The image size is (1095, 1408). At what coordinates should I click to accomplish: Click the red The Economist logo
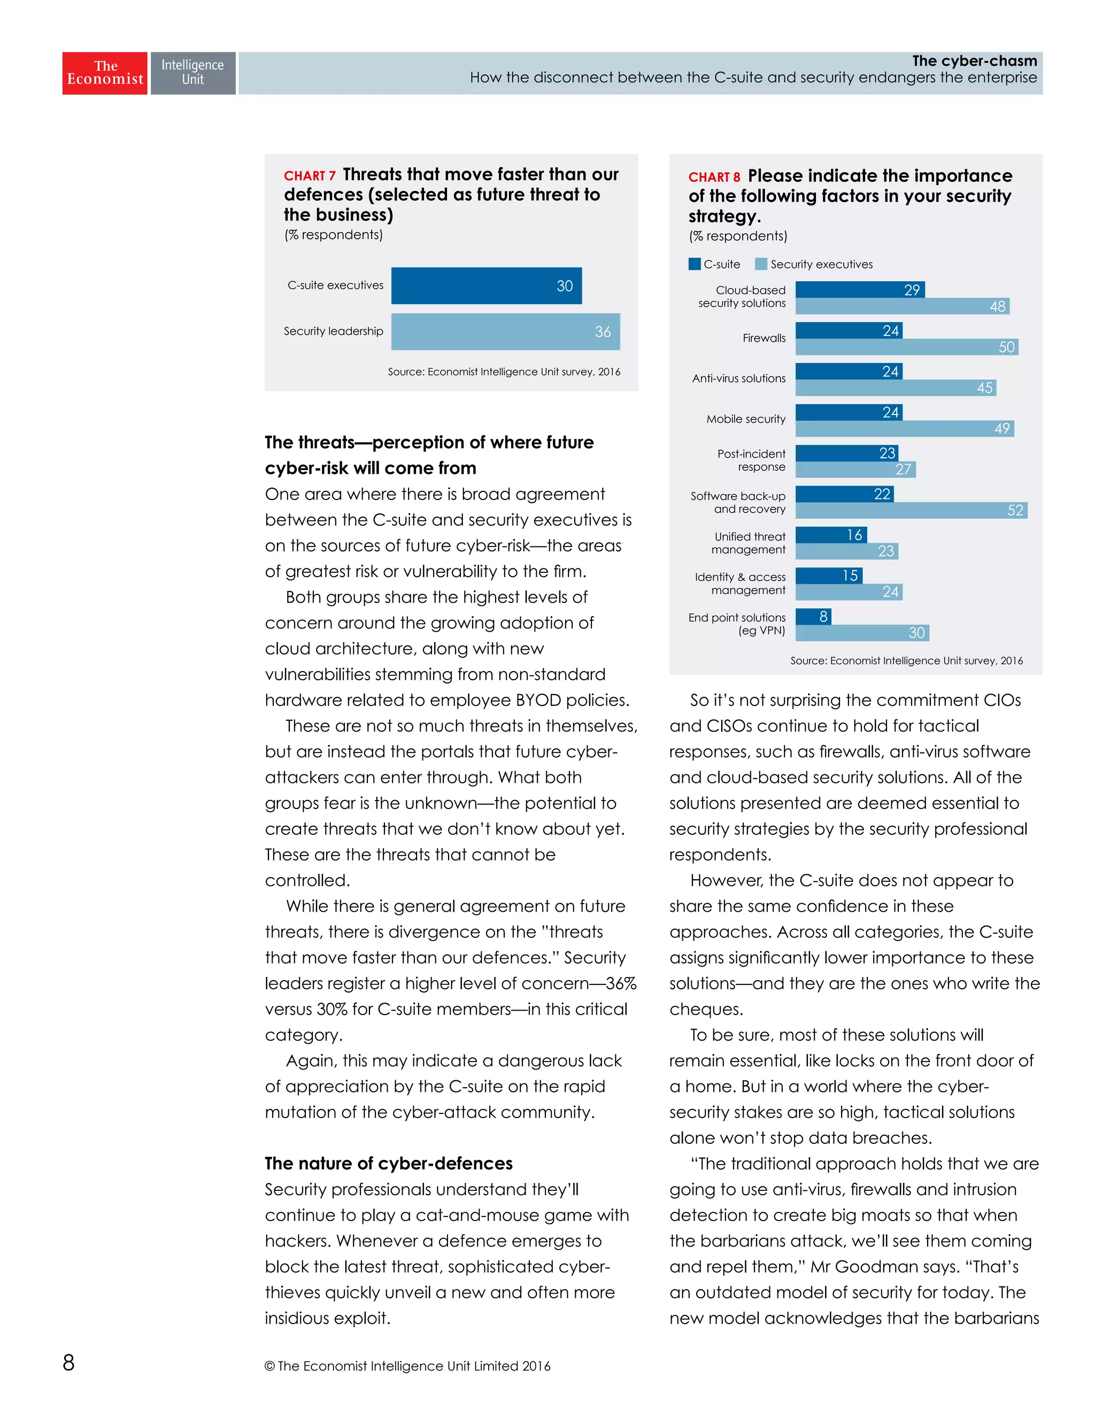pyautogui.click(x=104, y=73)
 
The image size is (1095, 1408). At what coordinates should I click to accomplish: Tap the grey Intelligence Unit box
pyautogui.click(x=192, y=73)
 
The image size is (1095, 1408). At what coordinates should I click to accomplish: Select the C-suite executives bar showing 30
pyautogui.click(x=486, y=286)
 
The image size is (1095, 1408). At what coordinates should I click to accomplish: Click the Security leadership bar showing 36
pyautogui.click(x=505, y=332)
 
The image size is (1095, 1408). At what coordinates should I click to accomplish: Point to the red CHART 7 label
pyautogui.click(x=310, y=176)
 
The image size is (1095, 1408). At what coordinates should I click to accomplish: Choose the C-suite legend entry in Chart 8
pyautogui.click(x=714, y=264)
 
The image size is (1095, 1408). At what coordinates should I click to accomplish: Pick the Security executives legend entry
pyautogui.click(x=813, y=264)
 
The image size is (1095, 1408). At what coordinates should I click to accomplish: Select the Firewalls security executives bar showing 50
pyautogui.click(x=906, y=348)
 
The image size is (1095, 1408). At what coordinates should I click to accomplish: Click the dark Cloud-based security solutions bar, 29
pyautogui.click(x=860, y=289)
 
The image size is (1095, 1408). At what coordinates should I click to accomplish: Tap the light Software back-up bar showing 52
pyautogui.click(x=911, y=511)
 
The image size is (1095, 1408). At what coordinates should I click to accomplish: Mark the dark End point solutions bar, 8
pyautogui.click(x=813, y=617)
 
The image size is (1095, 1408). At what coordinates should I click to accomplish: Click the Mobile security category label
pyautogui.click(x=746, y=419)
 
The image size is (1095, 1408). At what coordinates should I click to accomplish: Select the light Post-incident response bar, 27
pyautogui.click(x=855, y=470)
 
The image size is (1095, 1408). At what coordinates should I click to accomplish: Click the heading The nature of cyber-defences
pyautogui.click(x=389, y=1163)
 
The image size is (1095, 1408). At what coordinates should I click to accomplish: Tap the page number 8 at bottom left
pyautogui.click(x=68, y=1362)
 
